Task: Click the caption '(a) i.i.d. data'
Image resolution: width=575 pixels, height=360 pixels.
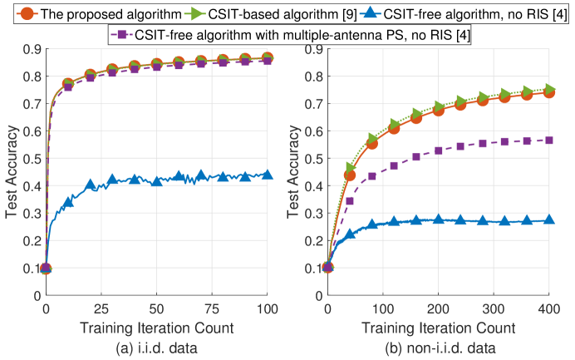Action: pyautogui.click(x=156, y=345)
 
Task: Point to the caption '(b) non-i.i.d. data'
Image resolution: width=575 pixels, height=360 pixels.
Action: pyautogui.click(x=439, y=345)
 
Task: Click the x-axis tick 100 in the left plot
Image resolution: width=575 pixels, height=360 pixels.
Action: pyautogui.click(x=267, y=307)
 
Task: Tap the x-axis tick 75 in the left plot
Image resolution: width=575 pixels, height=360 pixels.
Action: pyautogui.click(x=212, y=307)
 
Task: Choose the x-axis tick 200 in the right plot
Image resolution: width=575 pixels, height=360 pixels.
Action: pyautogui.click(x=439, y=307)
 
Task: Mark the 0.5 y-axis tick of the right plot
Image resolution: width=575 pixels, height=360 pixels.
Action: pyautogui.click(x=315, y=158)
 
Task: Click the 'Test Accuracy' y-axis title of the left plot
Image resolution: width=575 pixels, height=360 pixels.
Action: pyautogui.click(x=12, y=172)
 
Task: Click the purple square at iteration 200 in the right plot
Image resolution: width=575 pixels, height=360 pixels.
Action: pyautogui.click(x=439, y=150)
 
